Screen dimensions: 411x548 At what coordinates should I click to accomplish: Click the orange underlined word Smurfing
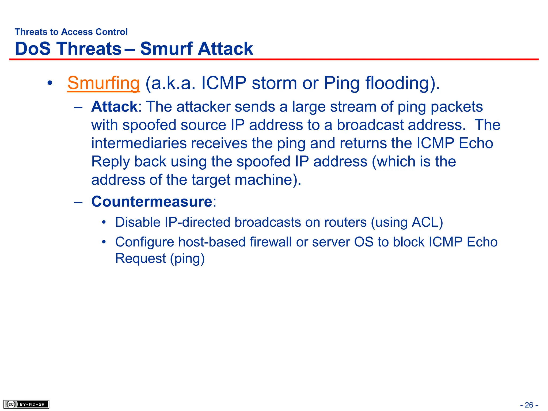[103, 83]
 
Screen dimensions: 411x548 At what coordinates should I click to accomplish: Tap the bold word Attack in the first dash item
[114, 107]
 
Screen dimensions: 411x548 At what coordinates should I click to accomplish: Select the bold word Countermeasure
[152, 201]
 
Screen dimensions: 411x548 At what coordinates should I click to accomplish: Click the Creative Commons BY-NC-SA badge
[26, 404]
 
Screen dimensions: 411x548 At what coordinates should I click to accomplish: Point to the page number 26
[529, 405]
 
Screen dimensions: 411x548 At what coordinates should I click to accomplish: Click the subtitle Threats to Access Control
[71, 32]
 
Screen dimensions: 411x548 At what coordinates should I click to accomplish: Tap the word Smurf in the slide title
[166, 49]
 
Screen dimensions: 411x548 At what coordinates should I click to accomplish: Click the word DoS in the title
[33, 49]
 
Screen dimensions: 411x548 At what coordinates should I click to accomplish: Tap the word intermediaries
[139, 143]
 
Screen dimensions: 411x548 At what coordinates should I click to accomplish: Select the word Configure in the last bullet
[144, 242]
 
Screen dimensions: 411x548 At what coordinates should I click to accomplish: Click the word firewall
[271, 242]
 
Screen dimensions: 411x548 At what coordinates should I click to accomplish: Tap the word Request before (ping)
[140, 258]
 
